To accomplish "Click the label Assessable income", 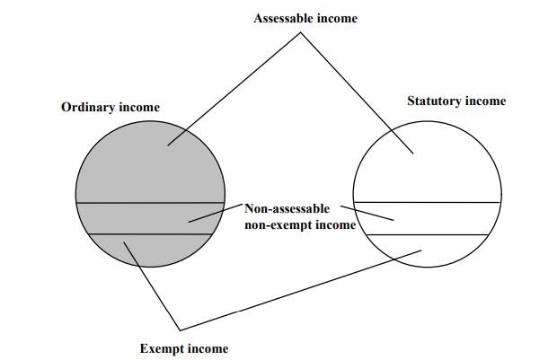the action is coord(305,18).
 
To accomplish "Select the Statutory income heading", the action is coord(455,101).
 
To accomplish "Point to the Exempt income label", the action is coord(184,348).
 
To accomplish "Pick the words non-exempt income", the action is coord(299,225).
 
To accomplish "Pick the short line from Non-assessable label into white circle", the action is coord(368,213).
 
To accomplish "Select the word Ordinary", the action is coord(87,107).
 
